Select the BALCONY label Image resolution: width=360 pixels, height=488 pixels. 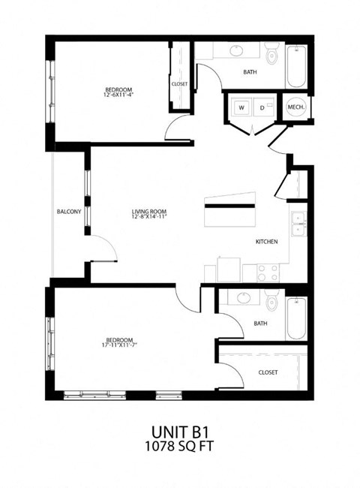[69, 212]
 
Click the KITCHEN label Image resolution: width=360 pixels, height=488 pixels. [267, 242]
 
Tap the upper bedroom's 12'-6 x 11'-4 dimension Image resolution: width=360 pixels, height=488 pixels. [118, 96]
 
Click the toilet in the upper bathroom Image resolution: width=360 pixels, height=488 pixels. [271, 56]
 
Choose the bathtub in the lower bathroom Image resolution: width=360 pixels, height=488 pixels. [297, 318]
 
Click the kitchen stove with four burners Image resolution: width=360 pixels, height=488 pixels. [268, 272]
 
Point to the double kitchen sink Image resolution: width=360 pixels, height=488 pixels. [298, 225]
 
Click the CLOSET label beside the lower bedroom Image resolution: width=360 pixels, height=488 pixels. [268, 371]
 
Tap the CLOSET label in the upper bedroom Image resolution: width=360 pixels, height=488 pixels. [180, 84]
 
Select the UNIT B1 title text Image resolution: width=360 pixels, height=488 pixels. [179, 433]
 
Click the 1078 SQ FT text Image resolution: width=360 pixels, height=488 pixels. [179, 449]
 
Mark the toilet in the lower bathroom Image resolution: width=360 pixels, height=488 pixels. [271, 304]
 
